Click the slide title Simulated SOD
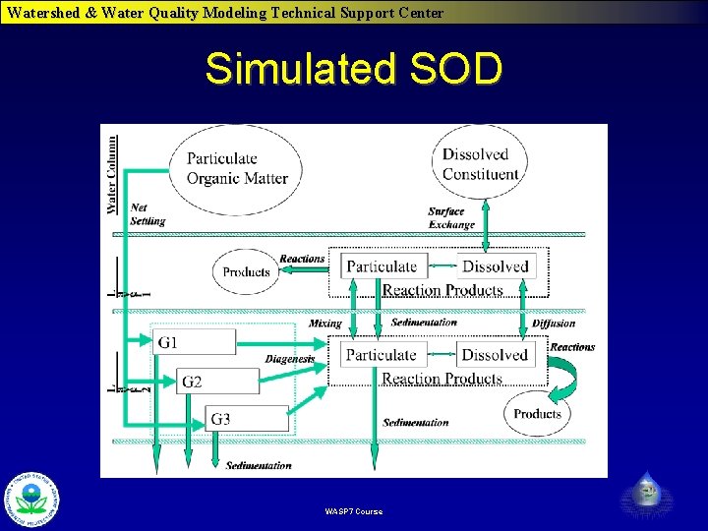click(x=354, y=69)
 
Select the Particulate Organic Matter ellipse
click(x=237, y=168)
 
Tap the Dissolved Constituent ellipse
click(x=480, y=164)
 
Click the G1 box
click(x=195, y=342)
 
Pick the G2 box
click(x=218, y=382)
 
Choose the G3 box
click(x=247, y=419)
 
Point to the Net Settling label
click(x=147, y=214)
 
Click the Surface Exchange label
click(x=451, y=218)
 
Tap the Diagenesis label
click(x=289, y=359)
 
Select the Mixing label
click(x=324, y=324)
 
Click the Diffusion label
click(x=554, y=324)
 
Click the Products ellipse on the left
click(x=246, y=271)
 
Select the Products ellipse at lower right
click(x=536, y=414)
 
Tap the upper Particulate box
click(x=383, y=266)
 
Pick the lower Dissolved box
click(x=495, y=355)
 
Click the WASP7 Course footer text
click(x=354, y=511)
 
